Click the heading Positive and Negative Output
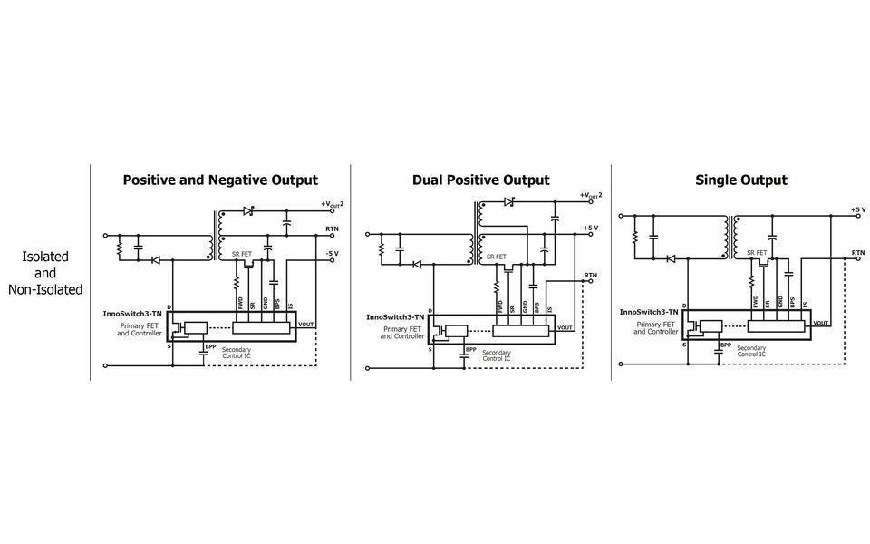[220, 180]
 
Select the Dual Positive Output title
[480, 180]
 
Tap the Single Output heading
[740, 180]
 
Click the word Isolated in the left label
[45, 257]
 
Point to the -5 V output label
[333, 253]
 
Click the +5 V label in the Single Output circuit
[857, 209]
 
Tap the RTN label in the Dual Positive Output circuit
[591, 274]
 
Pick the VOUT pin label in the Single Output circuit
[821, 323]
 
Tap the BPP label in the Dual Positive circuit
[470, 350]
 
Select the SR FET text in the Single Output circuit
[757, 252]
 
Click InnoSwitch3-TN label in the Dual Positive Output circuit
[396, 317]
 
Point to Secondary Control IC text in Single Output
[751, 351]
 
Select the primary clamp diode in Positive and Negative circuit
[155, 259]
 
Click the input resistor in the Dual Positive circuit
[382, 246]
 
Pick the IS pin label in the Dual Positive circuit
[549, 308]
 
